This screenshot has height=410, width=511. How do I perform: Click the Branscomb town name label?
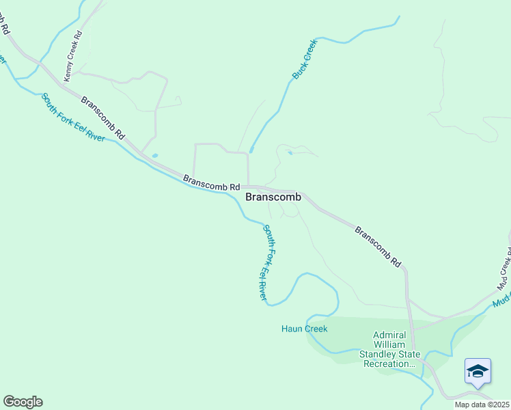[x=273, y=197]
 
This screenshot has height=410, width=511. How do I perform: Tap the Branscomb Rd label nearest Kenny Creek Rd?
[x=103, y=116]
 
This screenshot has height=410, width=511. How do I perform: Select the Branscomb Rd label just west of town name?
[x=212, y=182]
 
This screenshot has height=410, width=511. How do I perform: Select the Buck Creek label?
[x=305, y=60]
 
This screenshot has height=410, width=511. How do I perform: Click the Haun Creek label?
[x=304, y=329]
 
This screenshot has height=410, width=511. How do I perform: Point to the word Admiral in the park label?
[x=389, y=335]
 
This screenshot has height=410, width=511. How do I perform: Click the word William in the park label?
[x=389, y=344]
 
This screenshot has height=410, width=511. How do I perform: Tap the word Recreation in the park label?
[x=389, y=364]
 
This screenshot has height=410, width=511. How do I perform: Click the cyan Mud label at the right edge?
[x=503, y=299]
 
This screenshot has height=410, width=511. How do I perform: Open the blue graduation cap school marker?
[x=478, y=372]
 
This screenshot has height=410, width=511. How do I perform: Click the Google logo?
[x=23, y=402]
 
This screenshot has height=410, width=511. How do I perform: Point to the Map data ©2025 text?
[x=482, y=405]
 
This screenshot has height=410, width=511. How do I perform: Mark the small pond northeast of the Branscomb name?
[x=290, y=153]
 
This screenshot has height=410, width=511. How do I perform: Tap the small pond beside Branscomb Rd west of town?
[x=155, y=156]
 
